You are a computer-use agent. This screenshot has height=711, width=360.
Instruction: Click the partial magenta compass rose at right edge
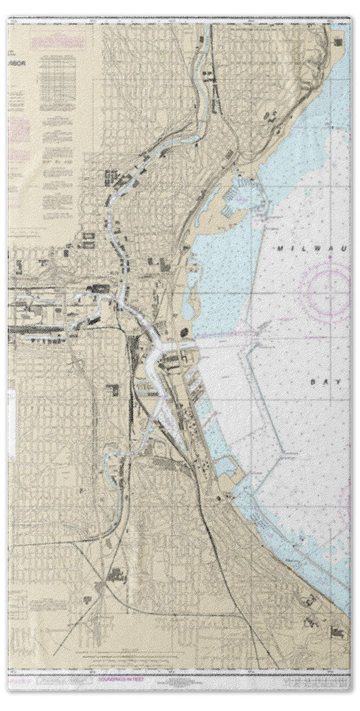pos(349,504)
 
